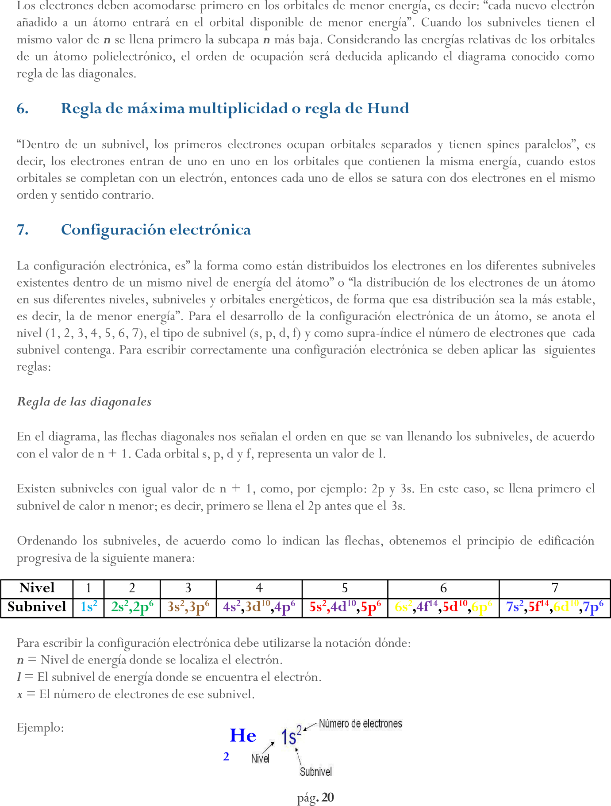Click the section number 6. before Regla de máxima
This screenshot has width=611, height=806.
coord(23,109)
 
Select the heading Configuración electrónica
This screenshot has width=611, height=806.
coord(156,230)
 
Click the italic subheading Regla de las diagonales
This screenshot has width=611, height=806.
coord(84,402)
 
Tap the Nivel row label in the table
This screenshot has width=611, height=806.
coord(37,588)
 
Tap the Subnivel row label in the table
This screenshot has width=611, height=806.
coord(37,607)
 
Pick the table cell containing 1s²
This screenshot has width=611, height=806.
coord(88,607)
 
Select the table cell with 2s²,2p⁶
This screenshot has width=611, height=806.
coord(132,607)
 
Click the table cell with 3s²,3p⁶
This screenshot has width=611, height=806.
coord(188,607)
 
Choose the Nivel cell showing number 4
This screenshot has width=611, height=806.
coord(259,588)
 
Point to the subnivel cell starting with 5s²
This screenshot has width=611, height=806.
coord(345,607)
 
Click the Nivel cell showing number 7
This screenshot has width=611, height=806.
coord(554,588)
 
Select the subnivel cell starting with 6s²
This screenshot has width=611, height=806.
coord(443,607)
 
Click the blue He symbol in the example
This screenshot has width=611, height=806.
coord(243,736)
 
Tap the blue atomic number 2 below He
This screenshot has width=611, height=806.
coord(226,757)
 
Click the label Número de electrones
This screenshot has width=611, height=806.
coord(360,724)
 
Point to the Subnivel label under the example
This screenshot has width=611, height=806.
coord(315,772)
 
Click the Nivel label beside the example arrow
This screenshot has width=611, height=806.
coord(260,759)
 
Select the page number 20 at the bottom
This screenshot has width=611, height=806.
coord(327,798)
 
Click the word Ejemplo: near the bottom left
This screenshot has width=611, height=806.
coord(40,728)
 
